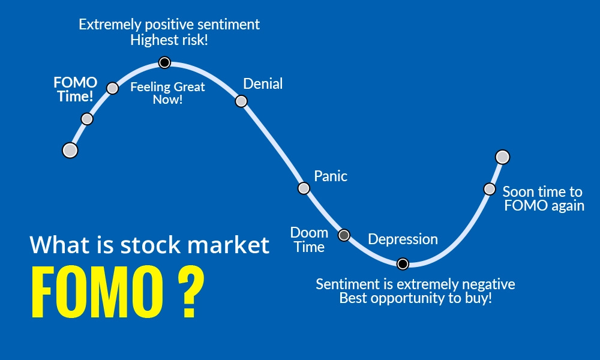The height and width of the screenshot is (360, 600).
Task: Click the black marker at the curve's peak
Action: tap(164, 62)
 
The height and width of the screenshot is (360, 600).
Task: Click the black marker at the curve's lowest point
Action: tap(403, 263)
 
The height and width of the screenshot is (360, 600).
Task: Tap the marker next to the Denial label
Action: tap(241, 101)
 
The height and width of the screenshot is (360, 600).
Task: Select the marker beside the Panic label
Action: tap(304, 188)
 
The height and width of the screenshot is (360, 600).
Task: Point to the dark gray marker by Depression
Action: tap(344, 235)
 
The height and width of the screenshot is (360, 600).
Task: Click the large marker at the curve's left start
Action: tap(70, 150)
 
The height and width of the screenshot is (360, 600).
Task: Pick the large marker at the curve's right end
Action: tap(503, 157)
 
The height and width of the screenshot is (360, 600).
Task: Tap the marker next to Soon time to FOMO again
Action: tap(490, 189)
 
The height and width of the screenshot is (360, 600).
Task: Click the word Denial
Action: tap(263, 84)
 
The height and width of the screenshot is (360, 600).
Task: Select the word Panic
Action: tap(331, 176)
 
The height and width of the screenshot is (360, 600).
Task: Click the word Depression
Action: tap(403, 239)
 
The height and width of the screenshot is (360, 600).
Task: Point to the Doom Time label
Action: tap(309, 239)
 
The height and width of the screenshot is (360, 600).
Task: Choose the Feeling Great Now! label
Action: tap(167, 93)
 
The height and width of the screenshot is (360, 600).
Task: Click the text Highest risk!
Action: tap(169, 41)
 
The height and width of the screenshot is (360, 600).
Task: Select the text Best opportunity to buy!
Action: tap(415, 298)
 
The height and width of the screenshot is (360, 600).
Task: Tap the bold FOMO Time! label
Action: tap(75, 89)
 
